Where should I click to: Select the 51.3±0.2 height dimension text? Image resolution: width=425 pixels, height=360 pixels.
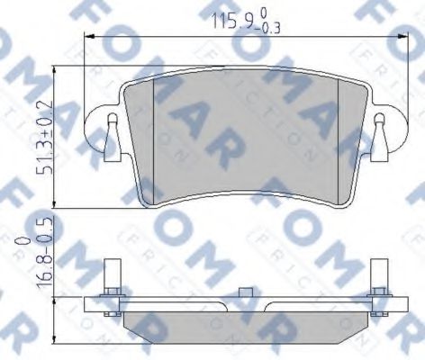click(x=33, y=140)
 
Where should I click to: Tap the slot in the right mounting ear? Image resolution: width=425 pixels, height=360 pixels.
click(x=379, y=125)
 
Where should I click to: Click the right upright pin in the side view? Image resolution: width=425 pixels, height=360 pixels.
click(x=378, y=283)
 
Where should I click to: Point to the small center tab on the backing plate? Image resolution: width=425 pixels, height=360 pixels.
click(x=245, y=293)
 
